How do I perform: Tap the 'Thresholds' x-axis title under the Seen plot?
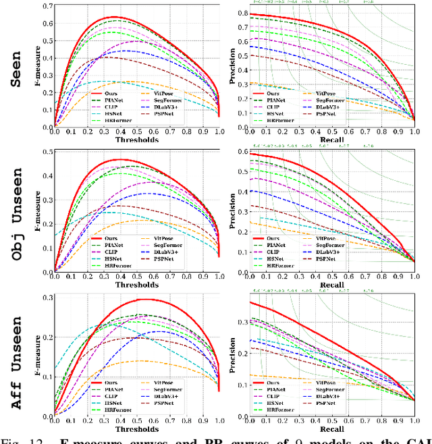coord(137,140)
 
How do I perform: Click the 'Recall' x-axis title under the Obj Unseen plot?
coord(327,285)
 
